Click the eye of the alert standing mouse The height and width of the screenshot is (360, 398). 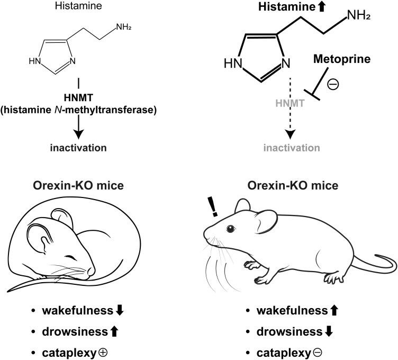tap(230, 228)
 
